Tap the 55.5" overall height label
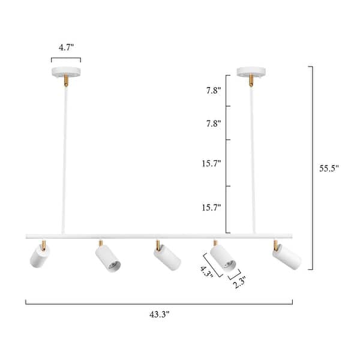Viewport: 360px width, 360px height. [x=329, y=169]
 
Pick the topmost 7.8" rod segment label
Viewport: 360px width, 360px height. [x=213, y=91]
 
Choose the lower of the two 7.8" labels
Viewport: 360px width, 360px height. [x=213, y=124]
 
